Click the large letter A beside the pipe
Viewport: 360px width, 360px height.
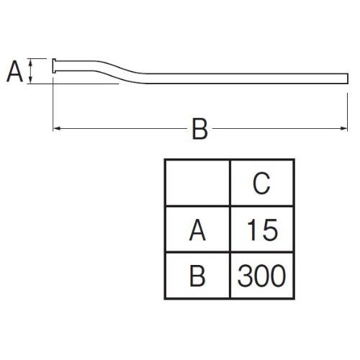tap(14, 71)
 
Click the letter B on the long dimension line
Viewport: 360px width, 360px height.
tap(199, 129)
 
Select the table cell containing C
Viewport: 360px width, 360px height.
tap(261, 183)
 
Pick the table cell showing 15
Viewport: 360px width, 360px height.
tap(261, 229)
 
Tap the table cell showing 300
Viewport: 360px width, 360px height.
tap(261, 276)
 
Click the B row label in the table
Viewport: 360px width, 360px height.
tap(197, 276)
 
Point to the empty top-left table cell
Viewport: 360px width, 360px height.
tap(197, 183)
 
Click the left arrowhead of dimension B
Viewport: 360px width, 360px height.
tap(56, 129)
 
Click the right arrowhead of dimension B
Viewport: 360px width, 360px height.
tap(344, 129)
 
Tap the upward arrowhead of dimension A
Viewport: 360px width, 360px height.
tap(30, 61)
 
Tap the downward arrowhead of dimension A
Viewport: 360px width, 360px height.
tap(30, 81)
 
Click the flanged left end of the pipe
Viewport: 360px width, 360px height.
tap(54, 66)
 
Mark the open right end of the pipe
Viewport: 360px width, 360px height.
tap(347, 78)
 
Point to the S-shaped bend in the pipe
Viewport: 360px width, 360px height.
tap(120, 72)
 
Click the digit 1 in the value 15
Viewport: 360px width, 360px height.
tap(251, 230)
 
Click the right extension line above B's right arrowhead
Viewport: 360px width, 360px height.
tap(347, 112)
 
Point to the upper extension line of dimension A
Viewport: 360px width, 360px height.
tap(37, 58)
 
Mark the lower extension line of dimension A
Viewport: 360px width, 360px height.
tap(73, 84)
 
